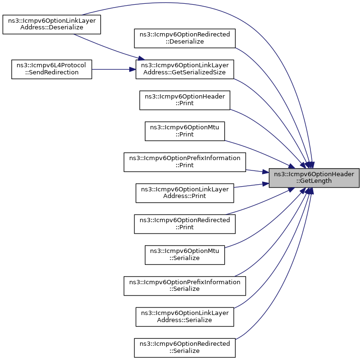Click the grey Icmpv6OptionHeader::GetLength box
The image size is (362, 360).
click(314, 178)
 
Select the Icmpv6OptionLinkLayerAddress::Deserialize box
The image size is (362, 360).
click(52, 24)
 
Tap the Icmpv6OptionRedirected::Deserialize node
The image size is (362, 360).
click(185, 38)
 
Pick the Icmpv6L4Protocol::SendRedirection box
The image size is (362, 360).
click(52, 69)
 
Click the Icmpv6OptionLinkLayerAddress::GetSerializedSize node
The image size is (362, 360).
click(185, 69)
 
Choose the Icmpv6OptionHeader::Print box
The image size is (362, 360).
click(185, 100)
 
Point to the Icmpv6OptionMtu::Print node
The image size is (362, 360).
click(185, 131)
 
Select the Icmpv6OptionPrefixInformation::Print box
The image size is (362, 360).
click(185, 162)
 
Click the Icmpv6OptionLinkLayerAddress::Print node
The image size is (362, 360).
click(185, 193)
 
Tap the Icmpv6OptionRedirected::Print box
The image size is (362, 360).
click(185, 224)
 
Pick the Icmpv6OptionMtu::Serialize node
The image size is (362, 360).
click(185, 255)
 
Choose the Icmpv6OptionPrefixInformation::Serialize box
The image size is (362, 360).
click(185, 286)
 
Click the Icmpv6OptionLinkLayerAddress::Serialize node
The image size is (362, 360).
click(185, 317)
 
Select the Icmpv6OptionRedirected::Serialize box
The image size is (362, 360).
click(185, 348)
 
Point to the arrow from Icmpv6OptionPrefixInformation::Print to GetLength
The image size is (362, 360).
click(257, 171)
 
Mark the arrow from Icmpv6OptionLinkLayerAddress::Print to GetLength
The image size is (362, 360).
click(251, 185)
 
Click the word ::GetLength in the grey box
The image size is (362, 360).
click(314, 181)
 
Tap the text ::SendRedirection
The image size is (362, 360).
click(52, 72)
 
